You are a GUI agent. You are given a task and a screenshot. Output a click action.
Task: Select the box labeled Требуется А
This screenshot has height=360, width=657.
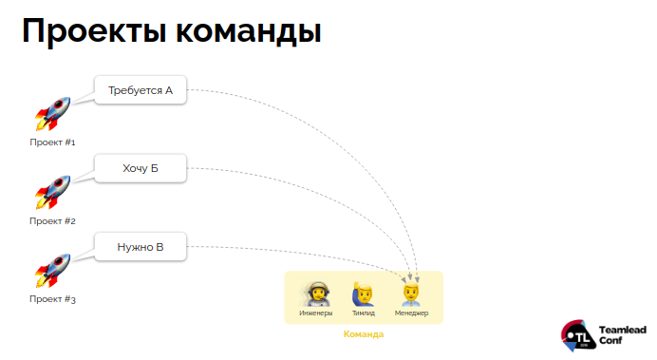pos(140,90)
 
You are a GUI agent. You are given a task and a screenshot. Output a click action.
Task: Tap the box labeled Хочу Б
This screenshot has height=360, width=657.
pos(140,169)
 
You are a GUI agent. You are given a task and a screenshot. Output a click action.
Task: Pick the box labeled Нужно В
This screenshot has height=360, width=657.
pos(140,248)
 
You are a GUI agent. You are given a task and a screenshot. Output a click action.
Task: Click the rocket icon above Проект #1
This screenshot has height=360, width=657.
pos(52,114)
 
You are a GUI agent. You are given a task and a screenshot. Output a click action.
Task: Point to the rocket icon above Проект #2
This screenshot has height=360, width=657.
pos(52,193)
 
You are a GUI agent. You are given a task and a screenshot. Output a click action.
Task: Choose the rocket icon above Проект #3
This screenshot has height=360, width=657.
pos(52,272)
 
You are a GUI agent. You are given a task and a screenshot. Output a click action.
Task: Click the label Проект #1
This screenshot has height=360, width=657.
pos(52,142)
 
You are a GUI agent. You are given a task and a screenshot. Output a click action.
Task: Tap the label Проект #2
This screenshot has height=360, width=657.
pos(52,221)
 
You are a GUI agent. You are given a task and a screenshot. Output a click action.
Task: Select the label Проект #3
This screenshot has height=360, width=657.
pos(52,300)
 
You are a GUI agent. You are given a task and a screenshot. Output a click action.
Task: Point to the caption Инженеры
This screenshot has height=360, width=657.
pos(316,313)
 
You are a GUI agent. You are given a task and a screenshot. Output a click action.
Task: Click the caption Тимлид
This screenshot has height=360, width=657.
pos(363,313)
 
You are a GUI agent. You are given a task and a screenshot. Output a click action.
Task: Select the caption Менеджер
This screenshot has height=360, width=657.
pos(411,313)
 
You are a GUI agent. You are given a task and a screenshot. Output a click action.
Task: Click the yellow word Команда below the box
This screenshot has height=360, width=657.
pos(363,334)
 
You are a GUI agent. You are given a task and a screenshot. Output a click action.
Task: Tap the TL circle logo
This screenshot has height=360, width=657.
pos(578,333)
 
